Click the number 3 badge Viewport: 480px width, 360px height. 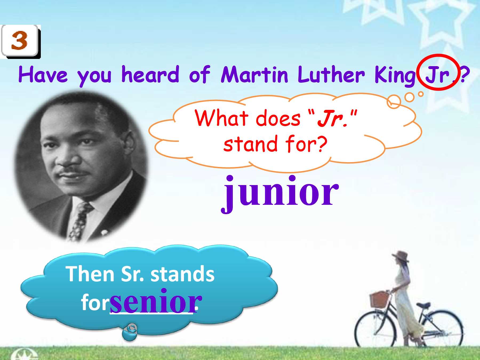click(21, 41)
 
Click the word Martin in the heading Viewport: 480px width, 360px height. click(255, 74)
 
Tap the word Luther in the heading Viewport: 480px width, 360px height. click(331, 74)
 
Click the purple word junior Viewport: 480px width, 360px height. click(280, 192)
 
